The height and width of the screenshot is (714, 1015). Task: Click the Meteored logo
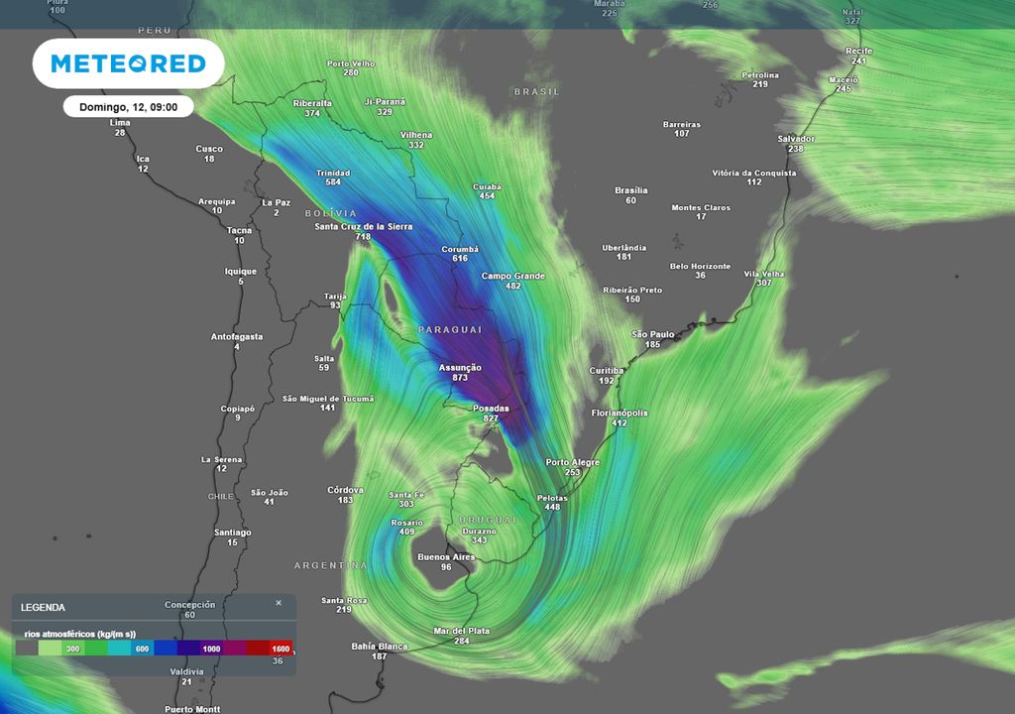click(128, 64)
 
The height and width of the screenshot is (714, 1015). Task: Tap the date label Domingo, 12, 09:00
click(128, 107)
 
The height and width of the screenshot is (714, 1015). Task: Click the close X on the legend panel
click(279, 602)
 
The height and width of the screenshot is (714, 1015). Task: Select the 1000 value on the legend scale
click(211, 648)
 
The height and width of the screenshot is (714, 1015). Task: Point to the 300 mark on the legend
click(72, 648)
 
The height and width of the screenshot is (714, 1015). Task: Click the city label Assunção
click(460, 367)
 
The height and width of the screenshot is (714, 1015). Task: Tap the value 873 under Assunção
click(460, 378)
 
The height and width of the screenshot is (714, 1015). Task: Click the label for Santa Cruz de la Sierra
click(364, 226)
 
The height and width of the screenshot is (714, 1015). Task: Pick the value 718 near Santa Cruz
click(364, 237)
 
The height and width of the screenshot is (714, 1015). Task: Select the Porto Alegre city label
click(572, 462)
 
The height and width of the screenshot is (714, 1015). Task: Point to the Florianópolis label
click(620, 413)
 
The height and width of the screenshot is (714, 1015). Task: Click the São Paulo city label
click(653, 334)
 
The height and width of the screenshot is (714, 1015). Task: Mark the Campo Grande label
click(513, 276)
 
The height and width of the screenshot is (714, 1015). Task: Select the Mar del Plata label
click(462, 631)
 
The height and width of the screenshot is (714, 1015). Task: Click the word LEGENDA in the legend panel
click(43, 607)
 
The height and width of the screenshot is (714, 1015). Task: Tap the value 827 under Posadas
click(491, 418)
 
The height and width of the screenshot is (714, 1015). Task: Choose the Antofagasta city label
click(237, 336)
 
